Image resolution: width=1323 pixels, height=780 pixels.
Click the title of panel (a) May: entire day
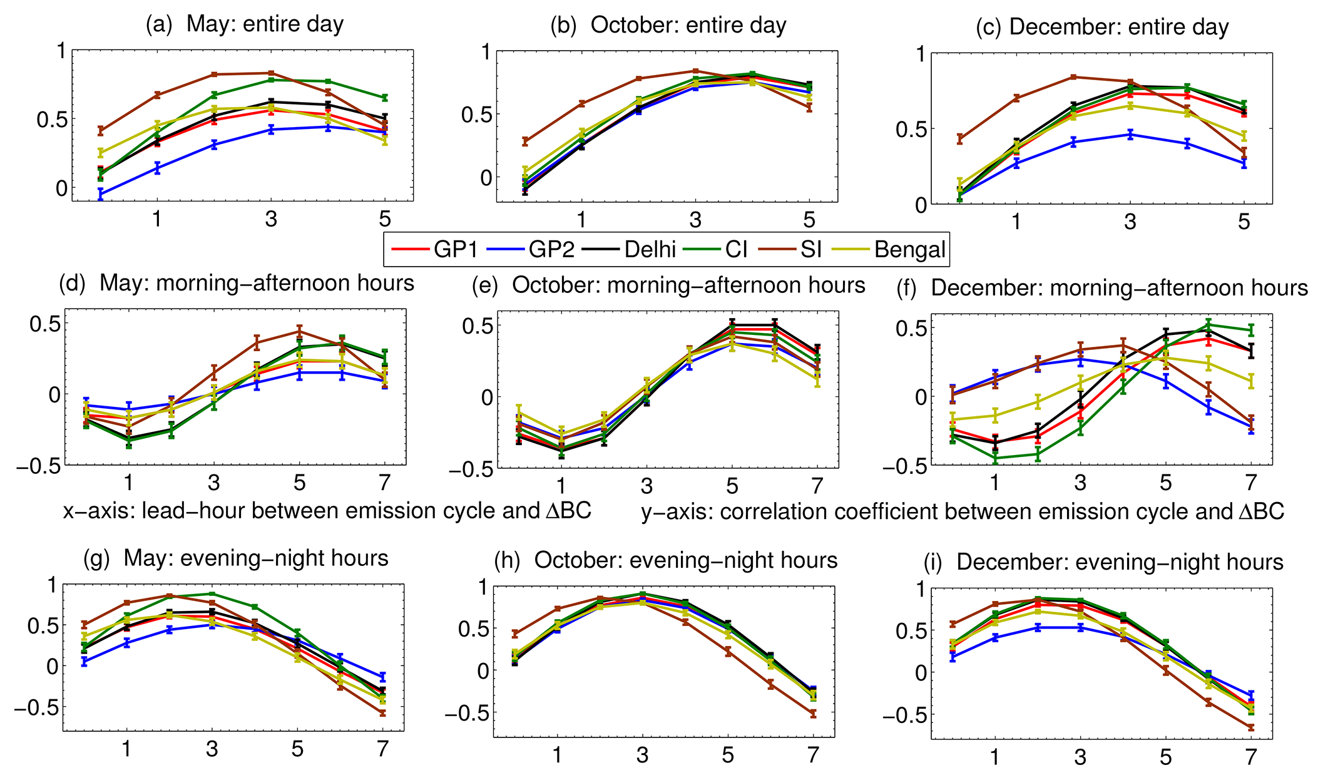[245, 24]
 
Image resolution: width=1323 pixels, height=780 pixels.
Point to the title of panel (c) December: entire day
[1102, 27]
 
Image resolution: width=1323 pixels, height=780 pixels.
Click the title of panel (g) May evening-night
[236, 558]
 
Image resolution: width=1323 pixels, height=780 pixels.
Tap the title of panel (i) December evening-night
[1103, 562]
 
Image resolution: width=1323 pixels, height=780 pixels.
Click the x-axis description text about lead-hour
[327, 511]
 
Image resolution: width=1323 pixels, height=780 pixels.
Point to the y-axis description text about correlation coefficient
[963, 511]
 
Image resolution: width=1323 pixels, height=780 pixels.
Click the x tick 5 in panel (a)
[385, 218]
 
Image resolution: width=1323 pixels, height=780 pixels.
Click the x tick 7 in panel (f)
[1250, 483]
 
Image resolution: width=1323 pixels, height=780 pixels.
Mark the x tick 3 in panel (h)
[643, 755]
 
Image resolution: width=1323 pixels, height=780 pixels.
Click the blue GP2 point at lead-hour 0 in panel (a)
[100, 195]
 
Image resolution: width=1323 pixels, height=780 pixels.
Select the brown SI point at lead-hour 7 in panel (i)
[1250, 727]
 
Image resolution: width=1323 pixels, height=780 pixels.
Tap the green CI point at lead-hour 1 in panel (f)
[994, 458]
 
